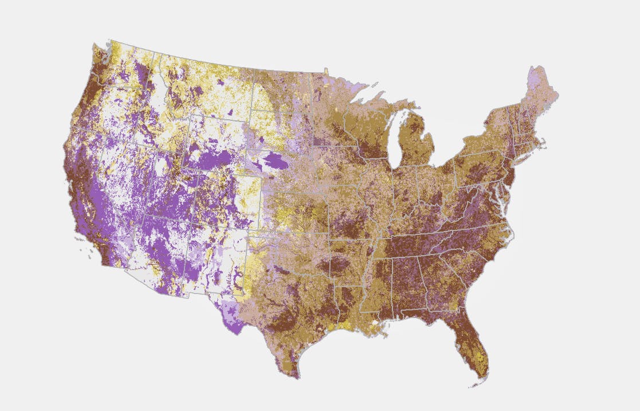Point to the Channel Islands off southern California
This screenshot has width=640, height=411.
tap(86, 252)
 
